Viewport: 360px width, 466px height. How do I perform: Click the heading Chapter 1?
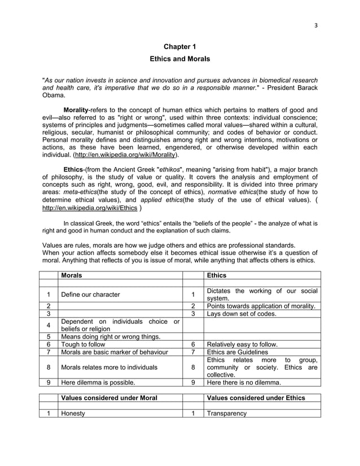tap(179, 47)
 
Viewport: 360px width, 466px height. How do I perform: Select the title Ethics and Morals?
tap(179, 59)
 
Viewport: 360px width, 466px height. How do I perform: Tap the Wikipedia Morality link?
tap(128, 154)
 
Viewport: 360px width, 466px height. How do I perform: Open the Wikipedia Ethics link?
tap(90, 207)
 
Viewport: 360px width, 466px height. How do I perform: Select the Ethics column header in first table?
tap(217, 275)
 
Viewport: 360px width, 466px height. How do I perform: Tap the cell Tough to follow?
tap(85, 344)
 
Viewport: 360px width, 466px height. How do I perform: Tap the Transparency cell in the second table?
tap(227, 414)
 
